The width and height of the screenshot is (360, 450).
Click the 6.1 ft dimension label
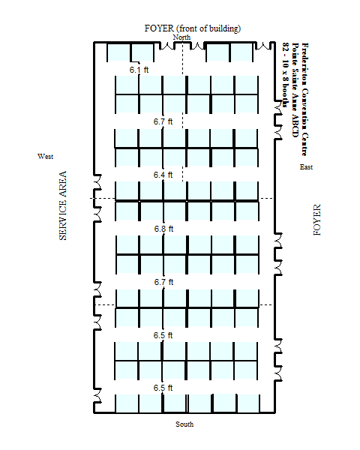tap(139, 70)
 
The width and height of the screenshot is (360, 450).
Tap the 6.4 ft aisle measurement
tap(163, 175)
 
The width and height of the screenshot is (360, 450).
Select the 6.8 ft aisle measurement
tap(163, 229)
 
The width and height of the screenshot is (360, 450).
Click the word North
tap(181, 37)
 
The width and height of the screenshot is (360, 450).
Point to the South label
tap(184, 424)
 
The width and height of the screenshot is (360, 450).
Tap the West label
tap(45, 157)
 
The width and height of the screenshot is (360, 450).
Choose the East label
tap(306, 167)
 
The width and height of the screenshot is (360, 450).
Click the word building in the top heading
tap(224, 28)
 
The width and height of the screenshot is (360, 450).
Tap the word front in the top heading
tap(187, 28)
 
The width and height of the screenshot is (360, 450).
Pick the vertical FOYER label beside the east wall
tap(316, 220)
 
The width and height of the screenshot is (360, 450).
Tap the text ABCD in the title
tap(295, 126)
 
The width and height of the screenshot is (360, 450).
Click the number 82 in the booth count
tap(286, 47)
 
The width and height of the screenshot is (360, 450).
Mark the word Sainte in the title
tap(295, 79)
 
